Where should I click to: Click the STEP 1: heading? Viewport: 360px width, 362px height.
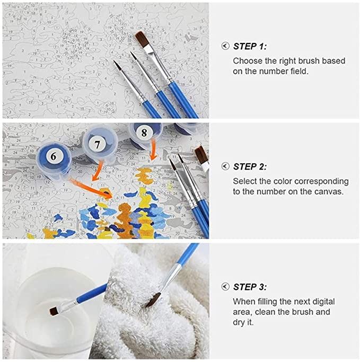click(x=250, y=47)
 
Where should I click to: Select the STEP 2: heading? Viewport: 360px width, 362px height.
click(x=250, y=166)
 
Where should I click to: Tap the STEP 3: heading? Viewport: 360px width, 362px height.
click(x=250, y=287)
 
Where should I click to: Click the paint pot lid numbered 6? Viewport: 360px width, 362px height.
click(x=54, y=156)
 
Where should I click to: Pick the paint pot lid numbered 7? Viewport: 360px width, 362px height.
click(x=98, y=145)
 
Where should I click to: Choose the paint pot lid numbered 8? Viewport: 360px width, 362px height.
click(x=144, y=133)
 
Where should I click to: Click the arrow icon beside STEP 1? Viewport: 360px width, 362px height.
click(x=225, y=46)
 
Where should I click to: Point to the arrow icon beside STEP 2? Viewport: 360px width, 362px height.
click(x=225, y=166)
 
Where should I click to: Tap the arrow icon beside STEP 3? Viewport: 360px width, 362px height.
click(x=225, y=287)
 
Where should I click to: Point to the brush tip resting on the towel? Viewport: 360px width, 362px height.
click(x=153, y=300)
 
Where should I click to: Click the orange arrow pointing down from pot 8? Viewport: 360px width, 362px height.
click(x=153, y=149)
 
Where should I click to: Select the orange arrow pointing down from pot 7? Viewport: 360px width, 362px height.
click(x=98, y=171)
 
